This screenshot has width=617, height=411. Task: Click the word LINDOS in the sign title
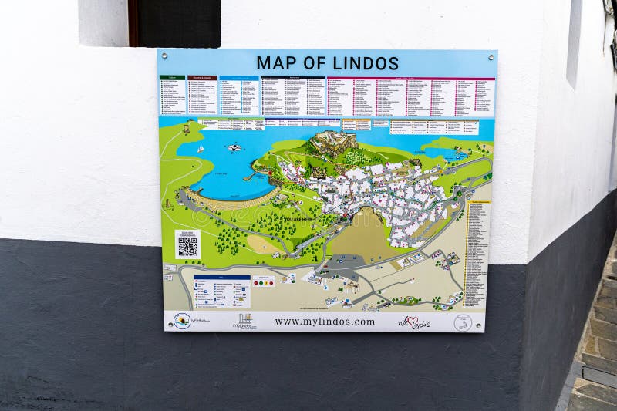(x=361, y=63)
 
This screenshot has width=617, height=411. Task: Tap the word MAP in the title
(x=275, y=63)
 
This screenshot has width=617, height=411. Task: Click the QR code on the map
(x=187, y=246)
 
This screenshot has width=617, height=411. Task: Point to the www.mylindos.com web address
(x=325, y=322)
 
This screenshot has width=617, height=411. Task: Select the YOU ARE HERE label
(x=299, y=219)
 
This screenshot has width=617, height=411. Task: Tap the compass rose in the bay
(x=234, y=147)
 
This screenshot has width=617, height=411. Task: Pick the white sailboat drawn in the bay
(x=200, y=148)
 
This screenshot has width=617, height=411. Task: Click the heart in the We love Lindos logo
(x=413, y=322)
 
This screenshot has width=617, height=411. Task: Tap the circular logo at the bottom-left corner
(x=182, y=321)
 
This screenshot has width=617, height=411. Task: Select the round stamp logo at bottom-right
(x=463, y=323)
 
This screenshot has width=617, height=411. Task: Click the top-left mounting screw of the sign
(x=163, y=55)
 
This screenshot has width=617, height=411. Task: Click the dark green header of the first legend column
(x=172, y=78)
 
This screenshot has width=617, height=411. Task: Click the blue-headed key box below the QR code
(x=221, y=291)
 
